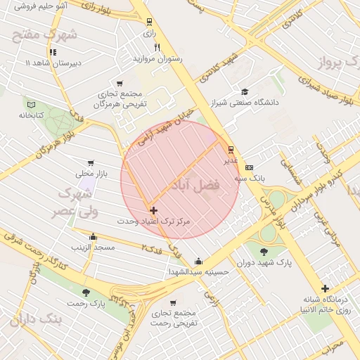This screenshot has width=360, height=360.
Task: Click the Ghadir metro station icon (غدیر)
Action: click(x=231, y=149)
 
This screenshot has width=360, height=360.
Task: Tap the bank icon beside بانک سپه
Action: click(x=249, y=167)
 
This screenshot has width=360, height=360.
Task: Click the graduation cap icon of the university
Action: click(x=245, y=91)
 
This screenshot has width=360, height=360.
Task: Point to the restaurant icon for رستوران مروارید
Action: click(x=157, y=48)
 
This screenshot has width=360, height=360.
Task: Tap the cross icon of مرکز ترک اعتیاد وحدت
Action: click(x=153, y=210)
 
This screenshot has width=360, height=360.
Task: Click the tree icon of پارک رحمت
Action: click(x=86, y=292)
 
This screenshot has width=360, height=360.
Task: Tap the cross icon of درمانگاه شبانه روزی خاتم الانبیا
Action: click(x=324, y=288)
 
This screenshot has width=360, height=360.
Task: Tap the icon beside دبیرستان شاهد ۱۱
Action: click(x=53, y=52)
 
